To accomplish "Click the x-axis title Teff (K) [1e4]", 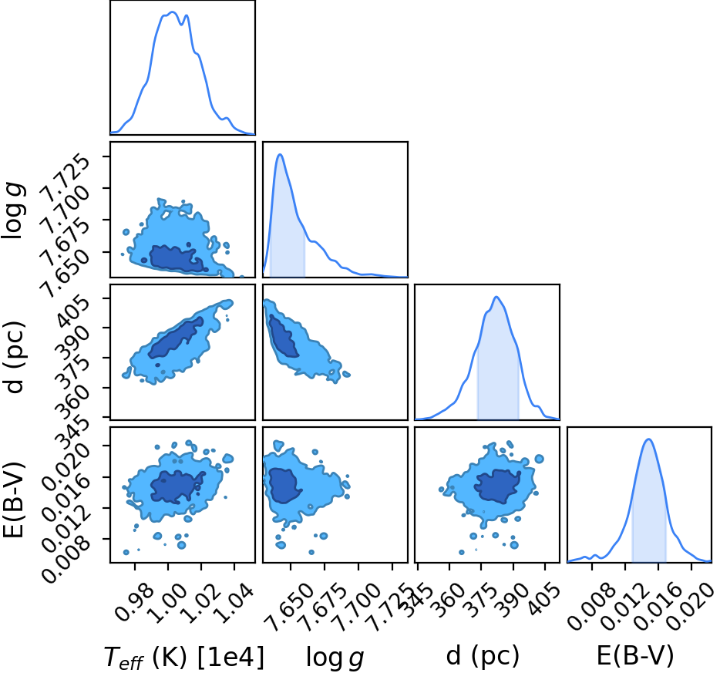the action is (x=184, y=657).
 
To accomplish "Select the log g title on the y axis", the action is (x=14, y=210).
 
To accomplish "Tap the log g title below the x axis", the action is (x=335, y=658).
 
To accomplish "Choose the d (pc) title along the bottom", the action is (x=483, y=655).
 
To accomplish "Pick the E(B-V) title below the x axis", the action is (x=635, y=655).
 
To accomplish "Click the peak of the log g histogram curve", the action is (x=280, y=155).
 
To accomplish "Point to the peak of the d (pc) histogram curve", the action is (x=496, y=297).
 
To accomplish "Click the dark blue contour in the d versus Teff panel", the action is (x=176, y=338).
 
